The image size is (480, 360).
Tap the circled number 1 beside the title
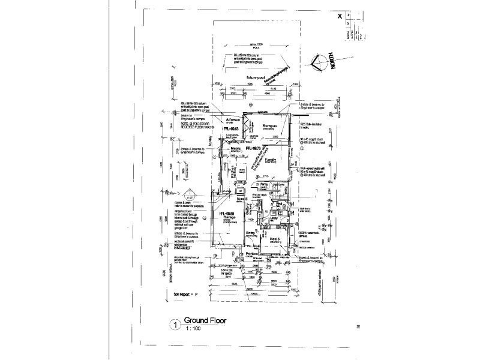(x=175, y=325)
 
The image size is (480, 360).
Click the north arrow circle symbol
(x=322, y=61)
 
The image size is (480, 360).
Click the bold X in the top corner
(x=340, y=17)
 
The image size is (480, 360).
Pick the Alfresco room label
(x=232, y=119)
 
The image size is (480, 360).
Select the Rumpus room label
(x=268, y=125)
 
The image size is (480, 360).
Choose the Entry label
(x=250, y=235)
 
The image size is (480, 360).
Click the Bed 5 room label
(x=275, y=239)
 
